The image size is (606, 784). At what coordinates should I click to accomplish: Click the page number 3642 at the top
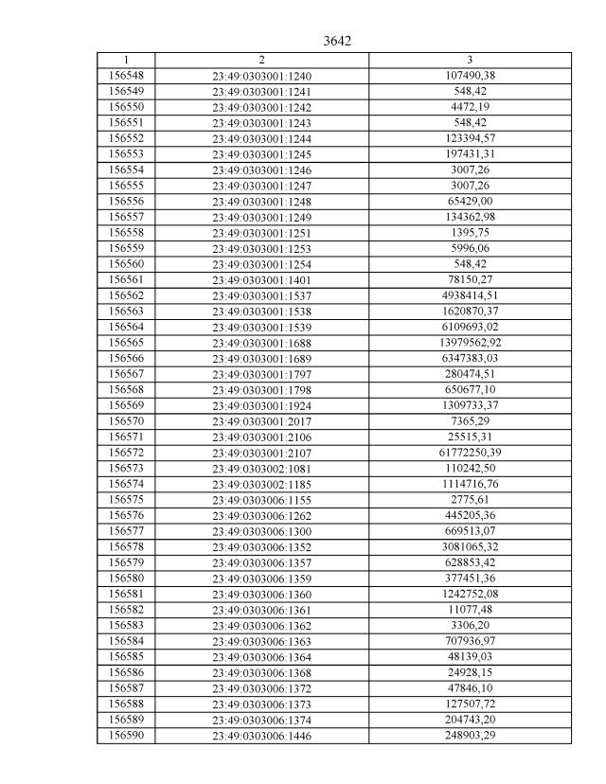tap(337, 41)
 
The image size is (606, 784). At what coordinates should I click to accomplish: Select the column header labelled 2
tap(261, 60)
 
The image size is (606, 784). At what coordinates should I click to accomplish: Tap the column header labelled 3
tap(470, 60)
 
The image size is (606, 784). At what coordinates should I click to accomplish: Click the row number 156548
tap(126, 76)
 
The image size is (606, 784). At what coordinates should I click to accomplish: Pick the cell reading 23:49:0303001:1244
tap(261, 139)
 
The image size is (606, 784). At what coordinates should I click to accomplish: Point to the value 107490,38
tap(470, 76)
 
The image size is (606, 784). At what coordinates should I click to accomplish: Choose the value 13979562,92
tap(470, 342)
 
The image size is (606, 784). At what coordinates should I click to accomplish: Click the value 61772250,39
tap(470, 453)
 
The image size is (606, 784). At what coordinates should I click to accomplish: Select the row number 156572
tap(126, 453)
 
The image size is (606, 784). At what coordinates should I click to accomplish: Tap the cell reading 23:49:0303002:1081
tap(261, 469)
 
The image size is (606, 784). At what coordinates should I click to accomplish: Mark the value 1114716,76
tap(470, 484)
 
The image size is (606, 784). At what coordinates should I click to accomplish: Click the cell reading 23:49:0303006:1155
tap(261, 500)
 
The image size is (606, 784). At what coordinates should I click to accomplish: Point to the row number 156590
tap(126, 735)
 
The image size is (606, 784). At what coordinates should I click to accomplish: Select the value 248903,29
tap(470, 735)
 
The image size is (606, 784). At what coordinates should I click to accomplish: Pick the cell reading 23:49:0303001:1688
tap(261, 343)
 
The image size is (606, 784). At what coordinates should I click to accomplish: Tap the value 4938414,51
tap(470, 295)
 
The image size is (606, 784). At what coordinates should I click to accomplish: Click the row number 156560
tap(126, 264)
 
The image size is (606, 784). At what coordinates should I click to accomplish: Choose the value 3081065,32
tap(470, 546)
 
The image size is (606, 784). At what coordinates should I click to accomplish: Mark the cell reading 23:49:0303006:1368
tap(261, 672)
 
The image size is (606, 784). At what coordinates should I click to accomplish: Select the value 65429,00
tap(470, 202)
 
